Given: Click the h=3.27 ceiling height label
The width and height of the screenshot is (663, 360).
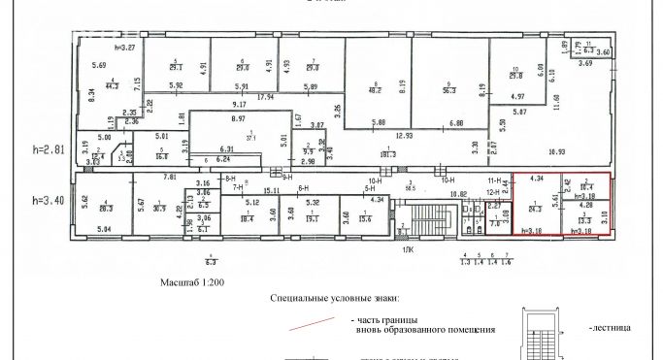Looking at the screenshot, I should [x=124, y=47].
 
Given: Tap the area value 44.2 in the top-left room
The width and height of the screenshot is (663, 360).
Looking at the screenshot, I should [x=114, y=87].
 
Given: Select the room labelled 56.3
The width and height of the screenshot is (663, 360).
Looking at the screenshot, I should [x=449, y=88].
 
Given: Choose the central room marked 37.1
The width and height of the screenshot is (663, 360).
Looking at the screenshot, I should [x=225, y=139].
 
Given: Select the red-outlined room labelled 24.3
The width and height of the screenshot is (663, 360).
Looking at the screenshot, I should [x=534, y=207].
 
